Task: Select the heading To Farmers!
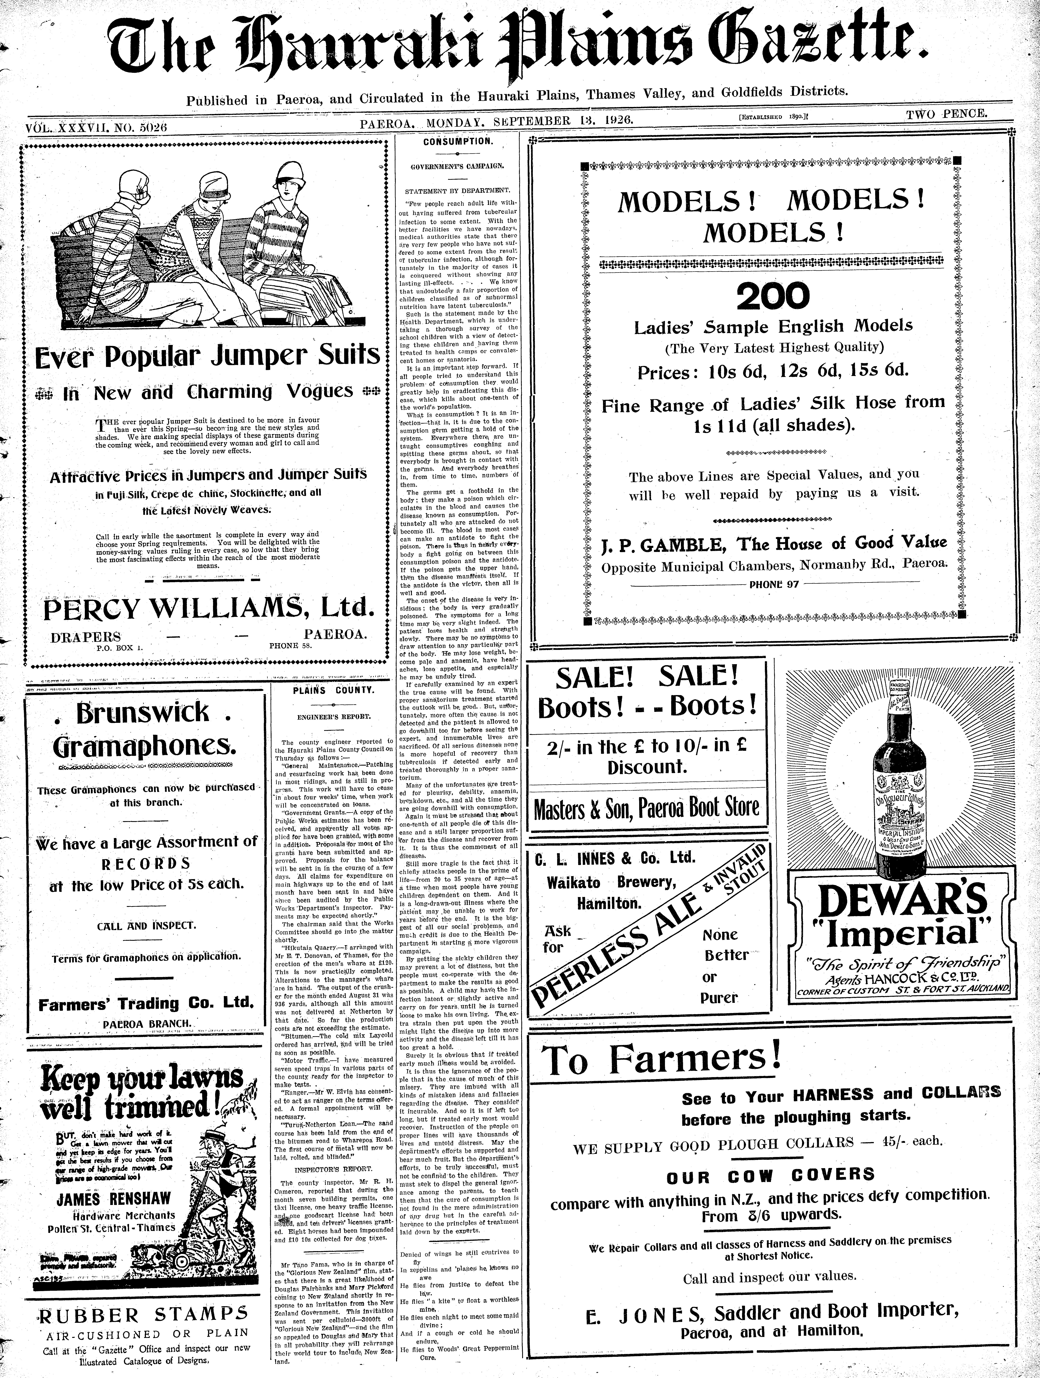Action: point(661,1059)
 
